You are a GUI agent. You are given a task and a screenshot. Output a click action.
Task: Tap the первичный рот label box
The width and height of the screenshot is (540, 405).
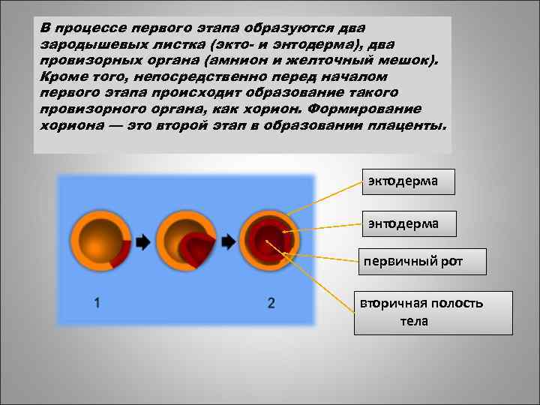[x=422, y=261]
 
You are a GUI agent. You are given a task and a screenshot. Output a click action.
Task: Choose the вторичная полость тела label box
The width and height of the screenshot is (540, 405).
[x=433, y=312]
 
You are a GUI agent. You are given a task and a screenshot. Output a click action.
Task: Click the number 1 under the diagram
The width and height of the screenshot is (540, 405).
[x=98, y=303]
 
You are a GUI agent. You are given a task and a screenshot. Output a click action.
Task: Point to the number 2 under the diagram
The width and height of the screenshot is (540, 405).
[x=271, y=303]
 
